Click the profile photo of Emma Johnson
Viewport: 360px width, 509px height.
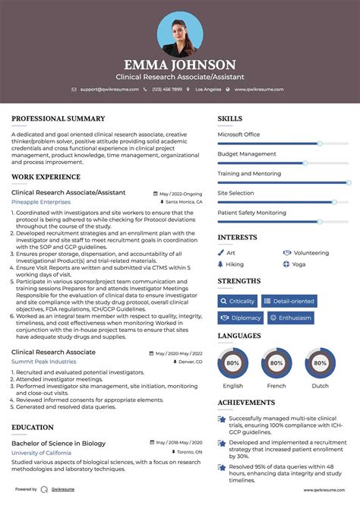pyautogui.click(x=180, y=33)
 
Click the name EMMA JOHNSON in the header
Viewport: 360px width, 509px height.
pyautogui.click(x=180, y=65)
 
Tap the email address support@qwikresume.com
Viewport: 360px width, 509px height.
pyautogui.click(x=109, y=90)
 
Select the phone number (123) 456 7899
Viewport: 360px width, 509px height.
pyautogui.click(x=166, y=90)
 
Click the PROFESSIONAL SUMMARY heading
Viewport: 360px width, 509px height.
pyautogui.click(x=58, y=119)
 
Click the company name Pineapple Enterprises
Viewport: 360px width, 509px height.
pyautogui.click(x=40, y=202)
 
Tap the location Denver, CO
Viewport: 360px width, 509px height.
pyautogui.click(x=186, y=361)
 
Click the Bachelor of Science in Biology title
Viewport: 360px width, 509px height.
pyautogui.click(x=58, y=443)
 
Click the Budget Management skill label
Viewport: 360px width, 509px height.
pyautogui.click(x=247, y=153)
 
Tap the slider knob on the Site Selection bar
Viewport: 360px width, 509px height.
pyautogui.click(x=334, y=202)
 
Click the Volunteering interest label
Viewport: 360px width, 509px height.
pyautogui.click(x=311, y=253)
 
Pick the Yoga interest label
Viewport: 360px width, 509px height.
pyautogui.click(x=298, y=264)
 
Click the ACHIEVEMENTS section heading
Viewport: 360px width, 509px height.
pyautogui.click(x=246, y=403)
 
